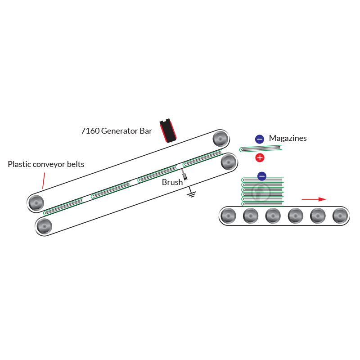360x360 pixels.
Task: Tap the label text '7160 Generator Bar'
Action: [x=117, y=131]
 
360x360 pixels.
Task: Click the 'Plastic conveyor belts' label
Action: [x=46, y=164]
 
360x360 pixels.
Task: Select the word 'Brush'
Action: [x=172, y=182]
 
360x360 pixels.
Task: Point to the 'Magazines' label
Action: [x=288, y=138]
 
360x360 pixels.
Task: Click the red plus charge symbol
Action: [x=260, y=157]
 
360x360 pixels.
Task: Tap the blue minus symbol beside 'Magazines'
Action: [x=259, y=139]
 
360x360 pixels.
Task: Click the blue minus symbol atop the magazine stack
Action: [x=261, y=176]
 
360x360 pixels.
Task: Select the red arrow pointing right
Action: [x=314, y=199]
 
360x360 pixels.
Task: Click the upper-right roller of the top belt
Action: [x=220, y=138]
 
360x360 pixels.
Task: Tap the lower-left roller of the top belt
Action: [x=36, y=203]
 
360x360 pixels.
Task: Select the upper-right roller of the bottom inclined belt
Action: [x=229, y=162]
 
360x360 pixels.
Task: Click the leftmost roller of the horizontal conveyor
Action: [x=228, y=216]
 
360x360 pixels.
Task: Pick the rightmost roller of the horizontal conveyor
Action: [x=340, y=216]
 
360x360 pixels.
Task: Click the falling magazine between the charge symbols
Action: [x=261, y=148]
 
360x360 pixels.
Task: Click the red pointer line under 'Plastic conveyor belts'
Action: [x=44, y=180]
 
